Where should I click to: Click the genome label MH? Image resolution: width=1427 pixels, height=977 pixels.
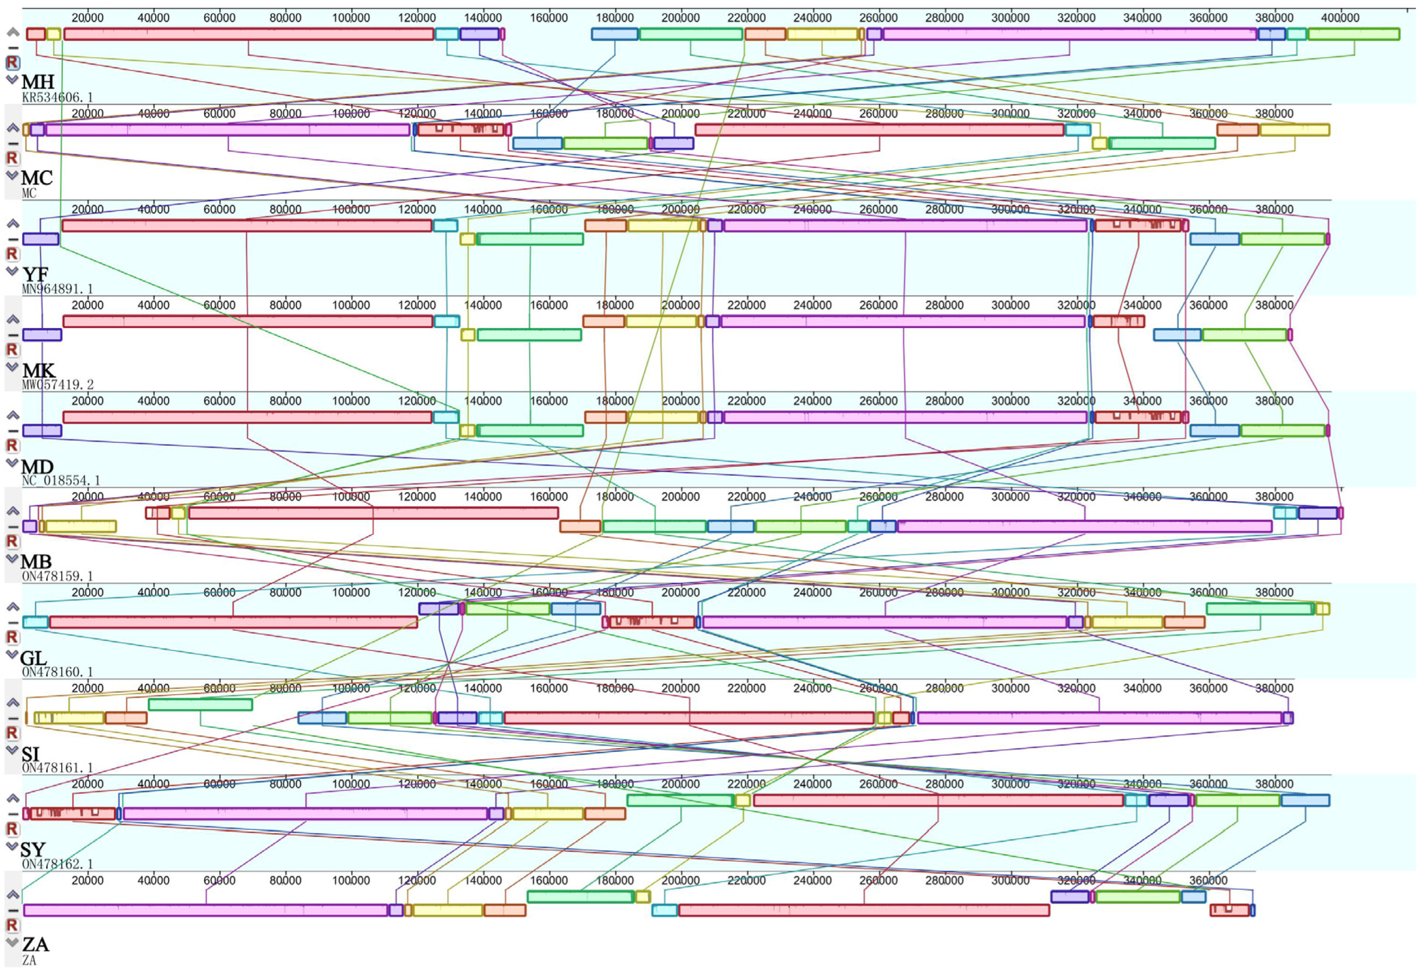coord(38,82)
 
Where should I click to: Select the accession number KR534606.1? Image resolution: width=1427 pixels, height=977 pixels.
coord(57,98)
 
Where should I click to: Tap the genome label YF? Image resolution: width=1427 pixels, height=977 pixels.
coord(35,274)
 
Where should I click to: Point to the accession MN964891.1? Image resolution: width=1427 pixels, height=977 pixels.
coord(57,289)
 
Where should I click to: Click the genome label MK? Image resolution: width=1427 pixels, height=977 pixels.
coord(39,370)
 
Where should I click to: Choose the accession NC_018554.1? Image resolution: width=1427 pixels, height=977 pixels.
coord(60,481)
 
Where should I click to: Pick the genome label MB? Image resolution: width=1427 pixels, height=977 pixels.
coord(36,561)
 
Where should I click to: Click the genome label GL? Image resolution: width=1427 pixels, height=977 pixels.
coord(33,658)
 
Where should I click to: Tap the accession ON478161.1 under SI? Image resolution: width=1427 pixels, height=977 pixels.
coord(57,768)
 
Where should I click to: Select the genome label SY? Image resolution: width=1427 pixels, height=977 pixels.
coord(33,849)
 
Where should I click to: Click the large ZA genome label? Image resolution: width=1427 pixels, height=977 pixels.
coord(35,944)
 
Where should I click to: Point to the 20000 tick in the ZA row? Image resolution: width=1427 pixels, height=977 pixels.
coord(88,880)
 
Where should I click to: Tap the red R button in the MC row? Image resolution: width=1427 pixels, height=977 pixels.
coord(12,158)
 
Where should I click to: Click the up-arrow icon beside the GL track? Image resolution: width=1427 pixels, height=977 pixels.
coord(12,607)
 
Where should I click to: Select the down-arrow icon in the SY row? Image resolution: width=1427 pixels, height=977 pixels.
coord(12,846)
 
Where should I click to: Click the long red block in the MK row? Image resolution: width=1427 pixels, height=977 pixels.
coord(248,321)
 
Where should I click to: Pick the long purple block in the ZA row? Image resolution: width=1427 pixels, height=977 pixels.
coord(206,910)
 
